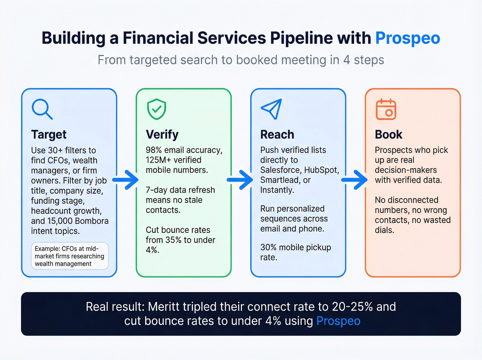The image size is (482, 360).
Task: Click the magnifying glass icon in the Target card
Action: (42, 109)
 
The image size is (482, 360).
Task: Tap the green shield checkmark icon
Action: (157, 109)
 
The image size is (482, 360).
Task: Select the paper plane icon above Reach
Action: (272, 109)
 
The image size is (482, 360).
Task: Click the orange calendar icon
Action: (386, 110)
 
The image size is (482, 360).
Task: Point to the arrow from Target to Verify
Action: (126, 180)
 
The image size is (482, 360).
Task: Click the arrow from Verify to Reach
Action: (240, 180)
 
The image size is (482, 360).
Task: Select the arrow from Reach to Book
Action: (355, 180)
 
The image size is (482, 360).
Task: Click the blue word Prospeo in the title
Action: (408, 38)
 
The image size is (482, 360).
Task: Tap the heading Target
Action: (49, 134)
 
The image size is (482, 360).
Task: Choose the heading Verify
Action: (162, 134)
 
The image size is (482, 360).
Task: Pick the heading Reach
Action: (277, 134)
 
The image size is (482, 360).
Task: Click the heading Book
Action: (388, 134)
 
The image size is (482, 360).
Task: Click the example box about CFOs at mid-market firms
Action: (70, 256)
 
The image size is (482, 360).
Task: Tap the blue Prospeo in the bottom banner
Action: (338, 321)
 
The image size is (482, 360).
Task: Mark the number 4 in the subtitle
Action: (346, 60)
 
